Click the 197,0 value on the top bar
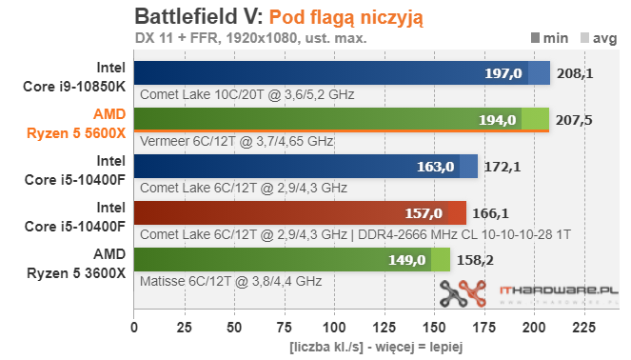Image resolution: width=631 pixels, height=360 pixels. pos(503,73)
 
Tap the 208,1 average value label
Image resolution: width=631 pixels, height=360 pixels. pos(575,73)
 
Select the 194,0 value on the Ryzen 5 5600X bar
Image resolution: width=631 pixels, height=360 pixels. pos(498,120)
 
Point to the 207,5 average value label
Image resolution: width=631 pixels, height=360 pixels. pos(574,120)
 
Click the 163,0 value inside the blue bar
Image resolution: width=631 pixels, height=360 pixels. pos(436,167)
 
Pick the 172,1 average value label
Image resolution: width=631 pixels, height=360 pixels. pos(503,167)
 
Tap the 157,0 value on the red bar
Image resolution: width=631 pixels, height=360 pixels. pos(424,213)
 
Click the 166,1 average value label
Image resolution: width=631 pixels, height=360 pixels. pos(490,213)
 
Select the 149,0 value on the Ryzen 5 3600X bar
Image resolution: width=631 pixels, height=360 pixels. pos(406,260)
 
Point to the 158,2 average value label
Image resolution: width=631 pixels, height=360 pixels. pos(475,260)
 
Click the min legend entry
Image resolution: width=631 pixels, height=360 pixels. pos(550,38)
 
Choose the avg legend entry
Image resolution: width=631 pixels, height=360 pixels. pos(599,38)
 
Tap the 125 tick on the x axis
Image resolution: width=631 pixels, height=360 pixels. pos(385,328)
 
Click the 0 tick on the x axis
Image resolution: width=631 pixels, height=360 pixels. pos(134,328)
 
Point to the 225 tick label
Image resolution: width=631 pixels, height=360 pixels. pos(584,328)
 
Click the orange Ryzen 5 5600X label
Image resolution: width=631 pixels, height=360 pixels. pos(76,124)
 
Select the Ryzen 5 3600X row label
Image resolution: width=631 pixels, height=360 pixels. pos(76,264)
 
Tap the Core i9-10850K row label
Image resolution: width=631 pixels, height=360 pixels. pos(74,77)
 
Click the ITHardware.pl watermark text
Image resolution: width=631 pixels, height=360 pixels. pos(559,290)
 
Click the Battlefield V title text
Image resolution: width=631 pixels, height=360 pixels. pos(199,17)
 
